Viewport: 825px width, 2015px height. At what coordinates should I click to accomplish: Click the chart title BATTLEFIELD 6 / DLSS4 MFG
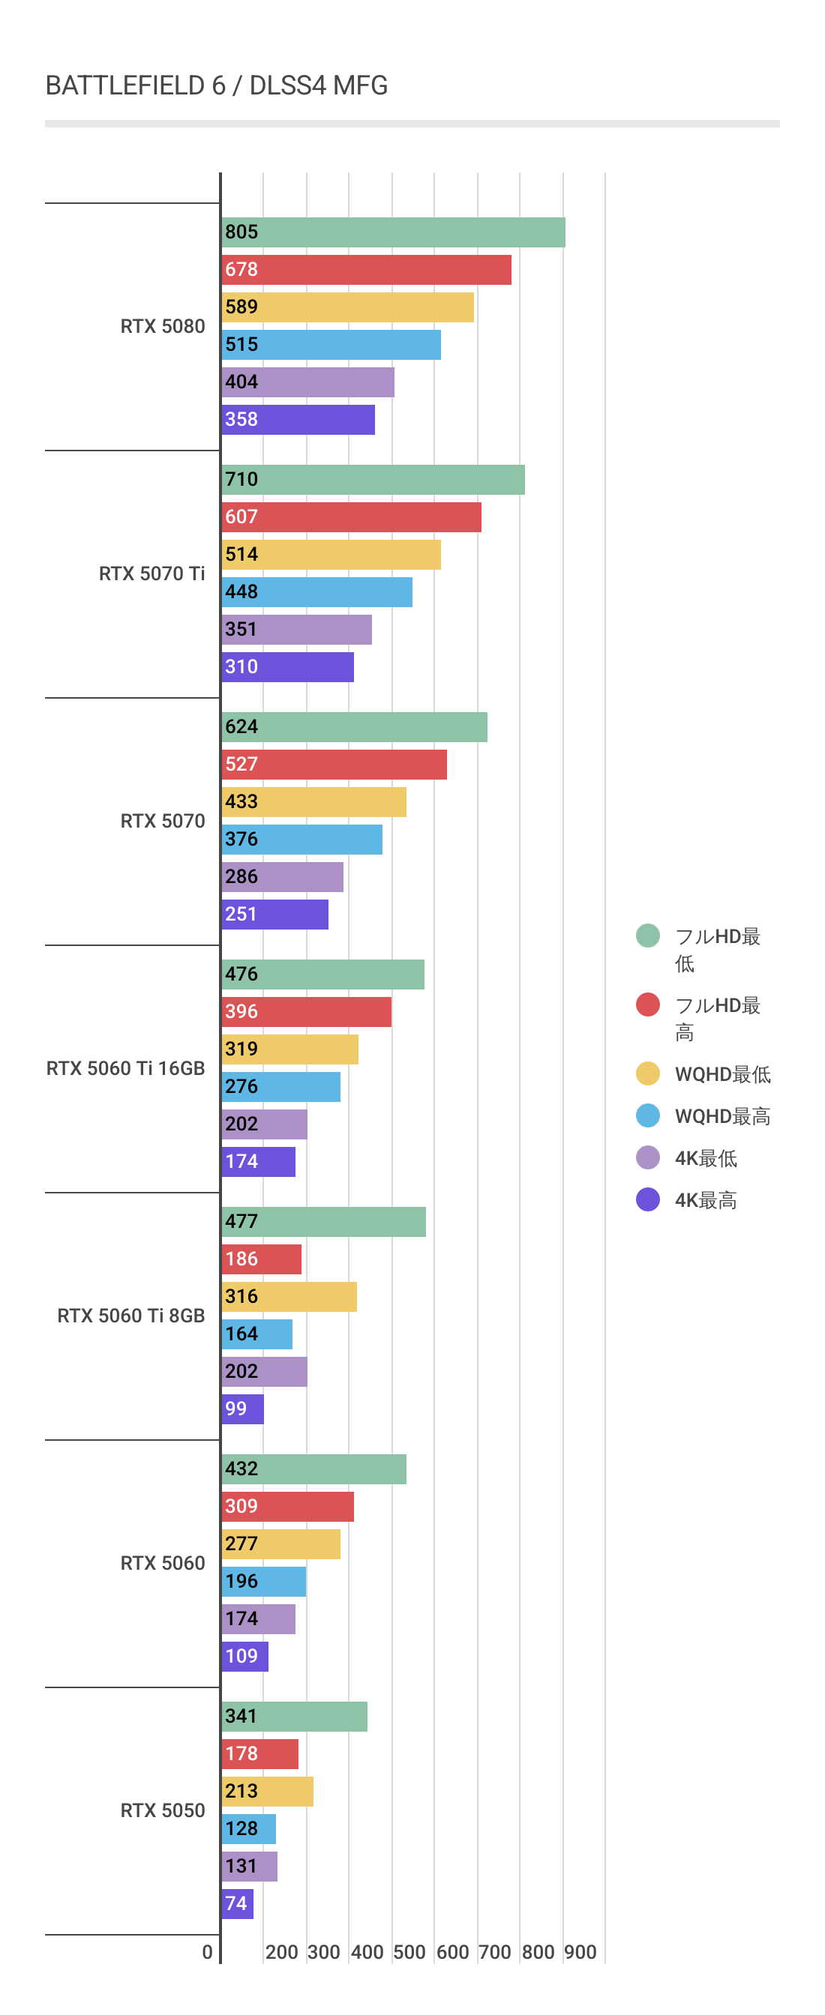pyautogui.click(x=216, y=85)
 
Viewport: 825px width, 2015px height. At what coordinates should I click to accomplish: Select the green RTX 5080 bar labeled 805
pyautogui.click(x=393, y=232)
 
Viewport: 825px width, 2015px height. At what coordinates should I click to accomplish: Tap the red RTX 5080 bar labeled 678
pyautogui.click(x=366, y=270)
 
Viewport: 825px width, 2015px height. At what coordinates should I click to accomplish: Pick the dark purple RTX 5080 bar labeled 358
pyautogui.click(x=298, y=420)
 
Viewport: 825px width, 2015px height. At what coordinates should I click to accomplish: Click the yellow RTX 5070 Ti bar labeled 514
pyautogui.click(x=331, y=555)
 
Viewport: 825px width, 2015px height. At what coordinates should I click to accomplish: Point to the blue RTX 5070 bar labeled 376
pyautogui.click(x=302, y=840)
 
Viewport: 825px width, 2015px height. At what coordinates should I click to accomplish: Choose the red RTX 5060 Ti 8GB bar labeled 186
pyautogui.click(x=262, y=1259)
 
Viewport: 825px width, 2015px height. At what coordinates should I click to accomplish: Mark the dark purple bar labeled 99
pyautogui.click(x=243, y=1409)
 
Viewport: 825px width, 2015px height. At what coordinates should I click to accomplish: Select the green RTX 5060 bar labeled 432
pyautogui.click(x=314, y=1469)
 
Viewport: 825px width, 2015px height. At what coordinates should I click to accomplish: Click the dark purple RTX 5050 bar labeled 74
pyautogui.click(x=237, y=1904)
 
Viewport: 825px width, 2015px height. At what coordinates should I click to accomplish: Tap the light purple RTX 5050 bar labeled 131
pyautogui.click(x=250, y=1867)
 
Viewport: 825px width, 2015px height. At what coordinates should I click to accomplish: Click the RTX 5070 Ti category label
pyautogui.click(x=151, y=574)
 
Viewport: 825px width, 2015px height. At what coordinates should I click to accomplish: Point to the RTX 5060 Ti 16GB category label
pyautogui.click(x=125, y=1068)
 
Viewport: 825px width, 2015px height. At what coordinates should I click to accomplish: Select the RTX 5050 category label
pyautogui.click(x=163, y=1810)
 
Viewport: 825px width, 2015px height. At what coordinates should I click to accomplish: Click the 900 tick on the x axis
pyautogui.click(x=580, y=1953)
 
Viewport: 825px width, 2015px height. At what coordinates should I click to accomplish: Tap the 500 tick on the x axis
pyautogui.click(x=409, y=1953)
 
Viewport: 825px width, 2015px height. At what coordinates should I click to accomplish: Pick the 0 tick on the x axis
pyautogui.click(x=208, y=1953)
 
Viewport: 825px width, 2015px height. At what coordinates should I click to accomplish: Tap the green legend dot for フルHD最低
pyautogui.click(x=648, y=936)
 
